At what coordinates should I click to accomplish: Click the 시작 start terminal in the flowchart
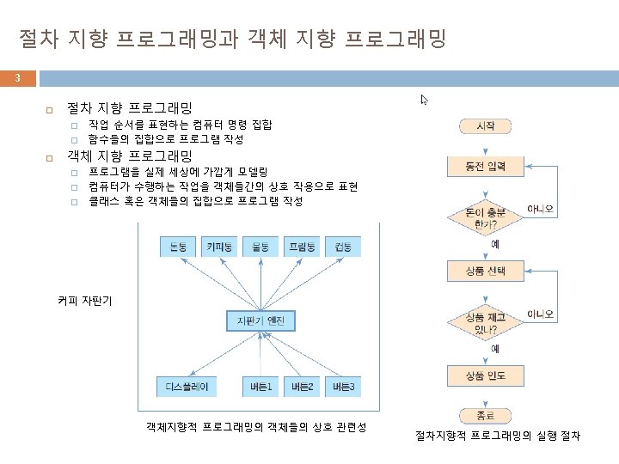pos(485,126)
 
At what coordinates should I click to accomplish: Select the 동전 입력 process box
pos(485,166)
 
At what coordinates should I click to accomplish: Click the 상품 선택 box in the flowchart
pos(485,272)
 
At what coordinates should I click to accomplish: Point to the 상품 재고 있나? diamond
pos(485,322)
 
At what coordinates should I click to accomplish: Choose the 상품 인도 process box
pos(485,375)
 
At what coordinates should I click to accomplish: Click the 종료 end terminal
pos(485,415)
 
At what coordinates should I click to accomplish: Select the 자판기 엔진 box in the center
pos(261,321)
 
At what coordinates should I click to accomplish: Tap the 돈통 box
pos(179,247)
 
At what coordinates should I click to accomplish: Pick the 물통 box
pos(260,247)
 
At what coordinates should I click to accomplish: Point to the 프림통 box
pos(302,247)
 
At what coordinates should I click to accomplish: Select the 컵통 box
pos(343,247)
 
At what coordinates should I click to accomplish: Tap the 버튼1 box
pos(260,387)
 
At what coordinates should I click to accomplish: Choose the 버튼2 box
pos(302,387)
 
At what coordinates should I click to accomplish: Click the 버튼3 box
pos(343,387)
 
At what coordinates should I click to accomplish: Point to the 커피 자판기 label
pos(84,301)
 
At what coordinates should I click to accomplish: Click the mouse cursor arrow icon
pos(424,100)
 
